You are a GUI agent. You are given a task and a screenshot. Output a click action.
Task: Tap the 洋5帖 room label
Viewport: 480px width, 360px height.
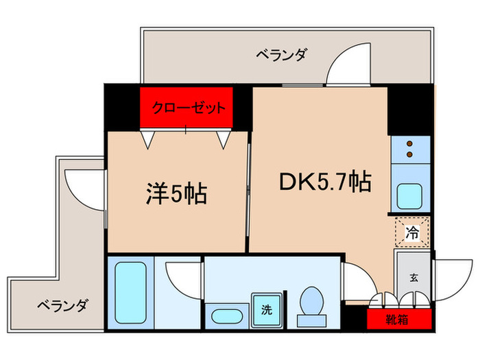(x=176, y=194)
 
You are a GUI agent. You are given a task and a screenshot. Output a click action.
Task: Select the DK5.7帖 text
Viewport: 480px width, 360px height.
(x=324, y=182)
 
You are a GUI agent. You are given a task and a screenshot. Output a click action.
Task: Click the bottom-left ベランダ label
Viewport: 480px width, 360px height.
(x=62, y=305)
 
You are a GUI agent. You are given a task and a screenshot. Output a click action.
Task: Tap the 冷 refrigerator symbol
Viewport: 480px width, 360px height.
(x=412, y=231)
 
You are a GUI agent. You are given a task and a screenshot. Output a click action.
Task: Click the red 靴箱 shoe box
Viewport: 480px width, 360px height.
(x=398, y=318)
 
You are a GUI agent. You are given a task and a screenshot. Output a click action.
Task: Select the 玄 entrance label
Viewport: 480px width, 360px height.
(x=413, y=278)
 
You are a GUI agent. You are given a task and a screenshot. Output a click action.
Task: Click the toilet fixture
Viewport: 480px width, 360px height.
(x=313, y=307)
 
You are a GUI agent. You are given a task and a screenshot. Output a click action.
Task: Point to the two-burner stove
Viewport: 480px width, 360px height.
(x=411, y=149)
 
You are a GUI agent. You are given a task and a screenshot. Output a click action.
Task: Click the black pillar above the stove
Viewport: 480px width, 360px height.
(x=409, y=110)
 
